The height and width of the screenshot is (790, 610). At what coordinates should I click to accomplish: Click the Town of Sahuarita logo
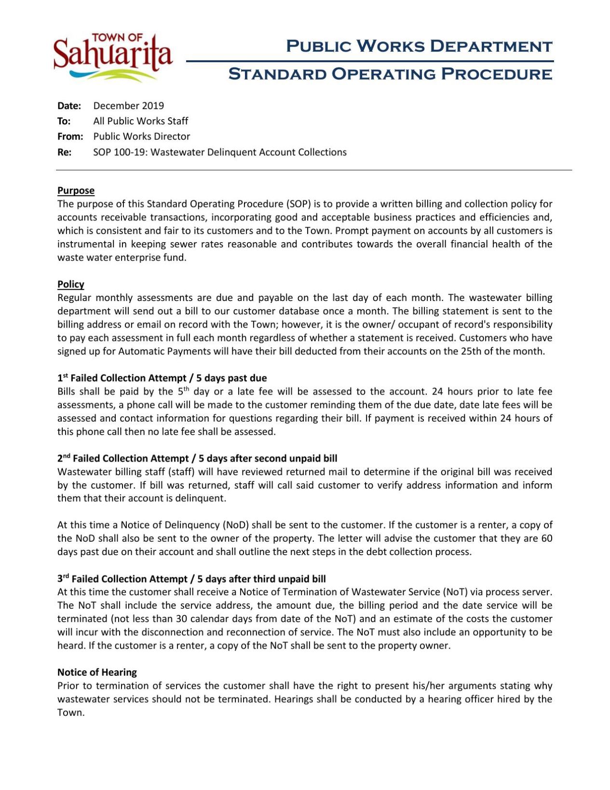[x=113, y=57]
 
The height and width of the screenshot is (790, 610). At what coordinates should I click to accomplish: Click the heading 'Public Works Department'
[x=419, y=46]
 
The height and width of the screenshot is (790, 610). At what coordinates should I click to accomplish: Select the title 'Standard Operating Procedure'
[x=390, y=74]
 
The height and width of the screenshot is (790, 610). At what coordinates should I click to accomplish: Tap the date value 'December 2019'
[x=128, y=106]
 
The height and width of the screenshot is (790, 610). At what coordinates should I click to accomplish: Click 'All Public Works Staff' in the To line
[x=140, y=121]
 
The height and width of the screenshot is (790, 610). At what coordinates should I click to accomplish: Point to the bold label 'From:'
[x=70, y=136]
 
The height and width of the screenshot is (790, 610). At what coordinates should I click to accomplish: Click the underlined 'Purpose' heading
[x=76, y=191]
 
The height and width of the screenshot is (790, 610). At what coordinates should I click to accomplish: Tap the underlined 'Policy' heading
[x=70, y=284]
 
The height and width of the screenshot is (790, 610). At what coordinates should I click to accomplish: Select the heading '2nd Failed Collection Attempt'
[x=123, y=458]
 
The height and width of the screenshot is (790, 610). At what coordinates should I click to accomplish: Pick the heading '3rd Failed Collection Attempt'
[x=122, y=579]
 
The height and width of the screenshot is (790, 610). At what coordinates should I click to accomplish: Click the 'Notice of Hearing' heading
[x=97, y=672]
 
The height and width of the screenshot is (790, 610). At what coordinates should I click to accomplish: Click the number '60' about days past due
[x=546, y=538]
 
